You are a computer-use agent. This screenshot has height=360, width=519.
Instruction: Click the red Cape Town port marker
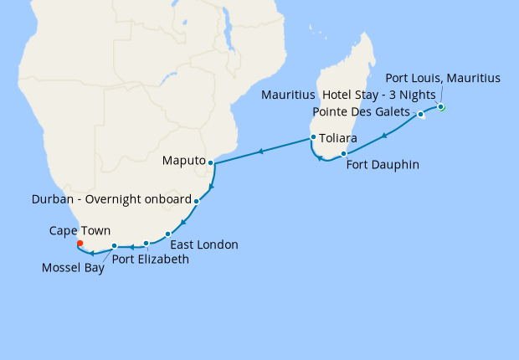(x=80, y=244)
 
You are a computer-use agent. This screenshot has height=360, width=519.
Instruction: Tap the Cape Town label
(x=80, y=230)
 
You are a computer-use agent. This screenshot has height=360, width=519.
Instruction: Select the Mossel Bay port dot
(x=115, y=245)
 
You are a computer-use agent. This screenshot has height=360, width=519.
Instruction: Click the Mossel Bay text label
(x=73, y=269)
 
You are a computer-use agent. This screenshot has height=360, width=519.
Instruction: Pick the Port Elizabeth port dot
(x=146, y=244)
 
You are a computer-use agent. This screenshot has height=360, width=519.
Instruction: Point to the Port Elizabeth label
(x=151, y=260)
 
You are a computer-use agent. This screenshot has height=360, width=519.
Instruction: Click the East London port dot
(x=168, y=234)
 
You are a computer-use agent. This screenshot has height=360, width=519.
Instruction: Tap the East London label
(x=204, y=245)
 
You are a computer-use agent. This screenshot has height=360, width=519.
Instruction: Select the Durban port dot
(x=196, y=202)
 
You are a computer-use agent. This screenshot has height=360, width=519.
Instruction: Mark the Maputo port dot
(x=211, y=162)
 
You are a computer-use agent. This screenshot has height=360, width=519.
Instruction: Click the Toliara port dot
(x=313, y=137)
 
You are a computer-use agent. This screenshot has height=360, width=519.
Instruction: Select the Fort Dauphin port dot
(x=344, y=153)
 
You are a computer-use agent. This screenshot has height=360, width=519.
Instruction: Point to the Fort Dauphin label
(x=383, y=165)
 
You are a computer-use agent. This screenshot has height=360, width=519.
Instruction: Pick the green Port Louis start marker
(x=441, y=107)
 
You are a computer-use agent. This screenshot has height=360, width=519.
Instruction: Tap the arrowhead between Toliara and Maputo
(x=261, y=151)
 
